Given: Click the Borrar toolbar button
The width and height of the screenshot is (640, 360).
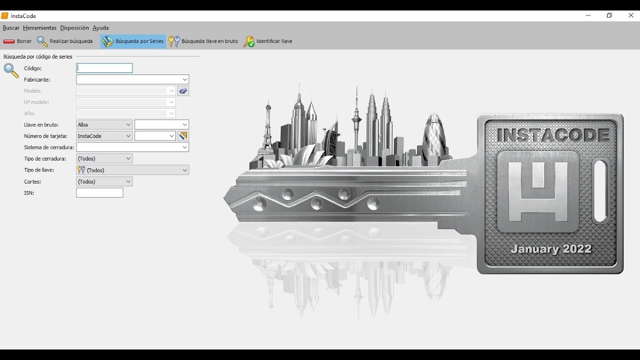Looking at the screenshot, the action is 17,41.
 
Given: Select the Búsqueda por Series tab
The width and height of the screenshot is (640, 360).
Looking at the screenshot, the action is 133,41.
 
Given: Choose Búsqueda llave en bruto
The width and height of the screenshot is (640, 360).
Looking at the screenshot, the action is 203,41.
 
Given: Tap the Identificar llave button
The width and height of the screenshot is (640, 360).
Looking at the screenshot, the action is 267,41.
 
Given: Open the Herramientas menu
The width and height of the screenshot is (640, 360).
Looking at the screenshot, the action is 39,27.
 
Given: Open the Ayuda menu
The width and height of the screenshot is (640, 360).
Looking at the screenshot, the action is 100,27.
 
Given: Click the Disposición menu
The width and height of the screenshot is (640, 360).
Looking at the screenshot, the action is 74,27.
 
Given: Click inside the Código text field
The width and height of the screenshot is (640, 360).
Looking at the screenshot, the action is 104,68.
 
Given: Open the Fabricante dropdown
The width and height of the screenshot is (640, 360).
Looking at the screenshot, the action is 132,79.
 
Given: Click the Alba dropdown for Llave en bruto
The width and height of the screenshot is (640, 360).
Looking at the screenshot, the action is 104,124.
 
